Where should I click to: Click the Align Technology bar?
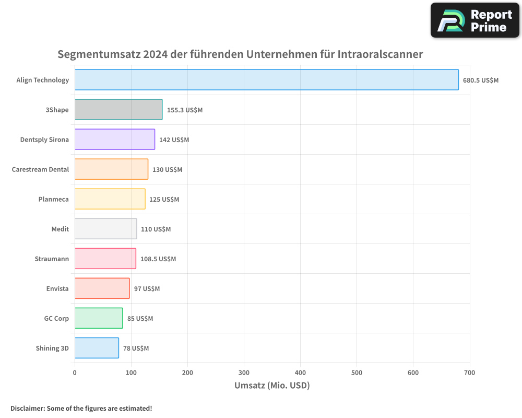[266, 80]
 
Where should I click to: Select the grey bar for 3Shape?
[118, 110]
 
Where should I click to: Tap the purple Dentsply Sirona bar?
[115, 140]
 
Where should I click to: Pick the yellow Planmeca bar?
[110, 199]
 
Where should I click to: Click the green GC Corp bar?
[99, 318]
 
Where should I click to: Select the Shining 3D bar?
[97, 348]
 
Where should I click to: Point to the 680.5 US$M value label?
[481, 80]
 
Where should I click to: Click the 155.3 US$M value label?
[185, 110]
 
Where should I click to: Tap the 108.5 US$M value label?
[158, 259]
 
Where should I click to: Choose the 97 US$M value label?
[147, 289]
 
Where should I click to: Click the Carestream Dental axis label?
[40, 169]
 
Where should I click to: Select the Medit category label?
[60, 229]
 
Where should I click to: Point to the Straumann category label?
[52, 259]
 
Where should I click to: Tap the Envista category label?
[57, 288]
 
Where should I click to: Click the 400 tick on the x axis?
[300, 373]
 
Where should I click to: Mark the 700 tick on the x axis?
[469, 373]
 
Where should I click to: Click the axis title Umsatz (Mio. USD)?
[272, 386]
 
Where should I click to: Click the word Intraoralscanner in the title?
[380, 54]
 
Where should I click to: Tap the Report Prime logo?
[474, 20]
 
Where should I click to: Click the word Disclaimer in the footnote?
[27, 408]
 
